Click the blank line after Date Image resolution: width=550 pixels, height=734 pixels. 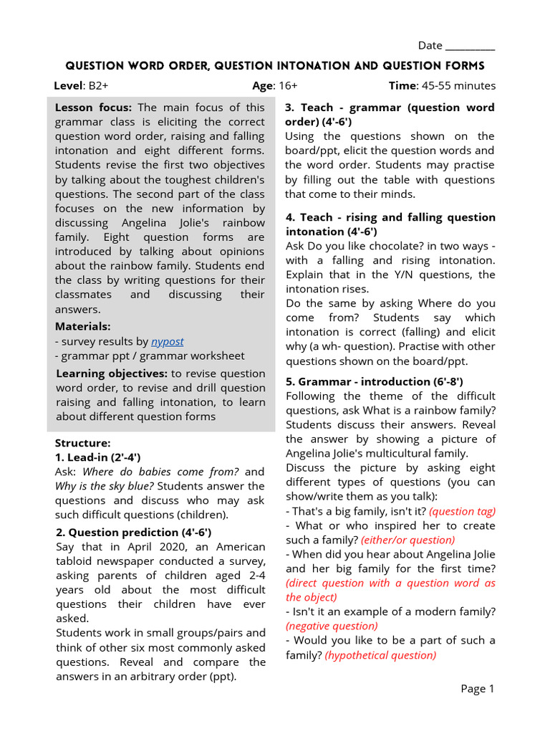tap(470, 47)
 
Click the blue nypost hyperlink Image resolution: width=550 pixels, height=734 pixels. tap(167, 341)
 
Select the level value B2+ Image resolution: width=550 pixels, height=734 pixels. tap(99, 85)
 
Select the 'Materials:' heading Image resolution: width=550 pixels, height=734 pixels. tap(83, 326)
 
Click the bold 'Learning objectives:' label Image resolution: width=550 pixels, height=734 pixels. tap(112, 373)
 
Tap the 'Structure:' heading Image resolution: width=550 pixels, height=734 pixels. tap(83, 442)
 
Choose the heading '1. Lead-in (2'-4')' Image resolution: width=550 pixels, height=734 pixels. tap(97, 457)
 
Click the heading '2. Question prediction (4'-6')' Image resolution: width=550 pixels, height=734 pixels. tap(133, 532)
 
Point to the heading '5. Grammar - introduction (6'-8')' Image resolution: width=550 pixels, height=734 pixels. tap(374, 381)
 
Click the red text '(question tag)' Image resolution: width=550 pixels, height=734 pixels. tap(462, 511)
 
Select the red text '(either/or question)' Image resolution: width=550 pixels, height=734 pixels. tap(407, 540)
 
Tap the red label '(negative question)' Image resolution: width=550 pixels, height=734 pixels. tap(332, 626)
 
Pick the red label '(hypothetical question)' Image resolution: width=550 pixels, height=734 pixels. tap(380, 654)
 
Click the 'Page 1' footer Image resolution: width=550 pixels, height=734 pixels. tap(478, 689)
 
